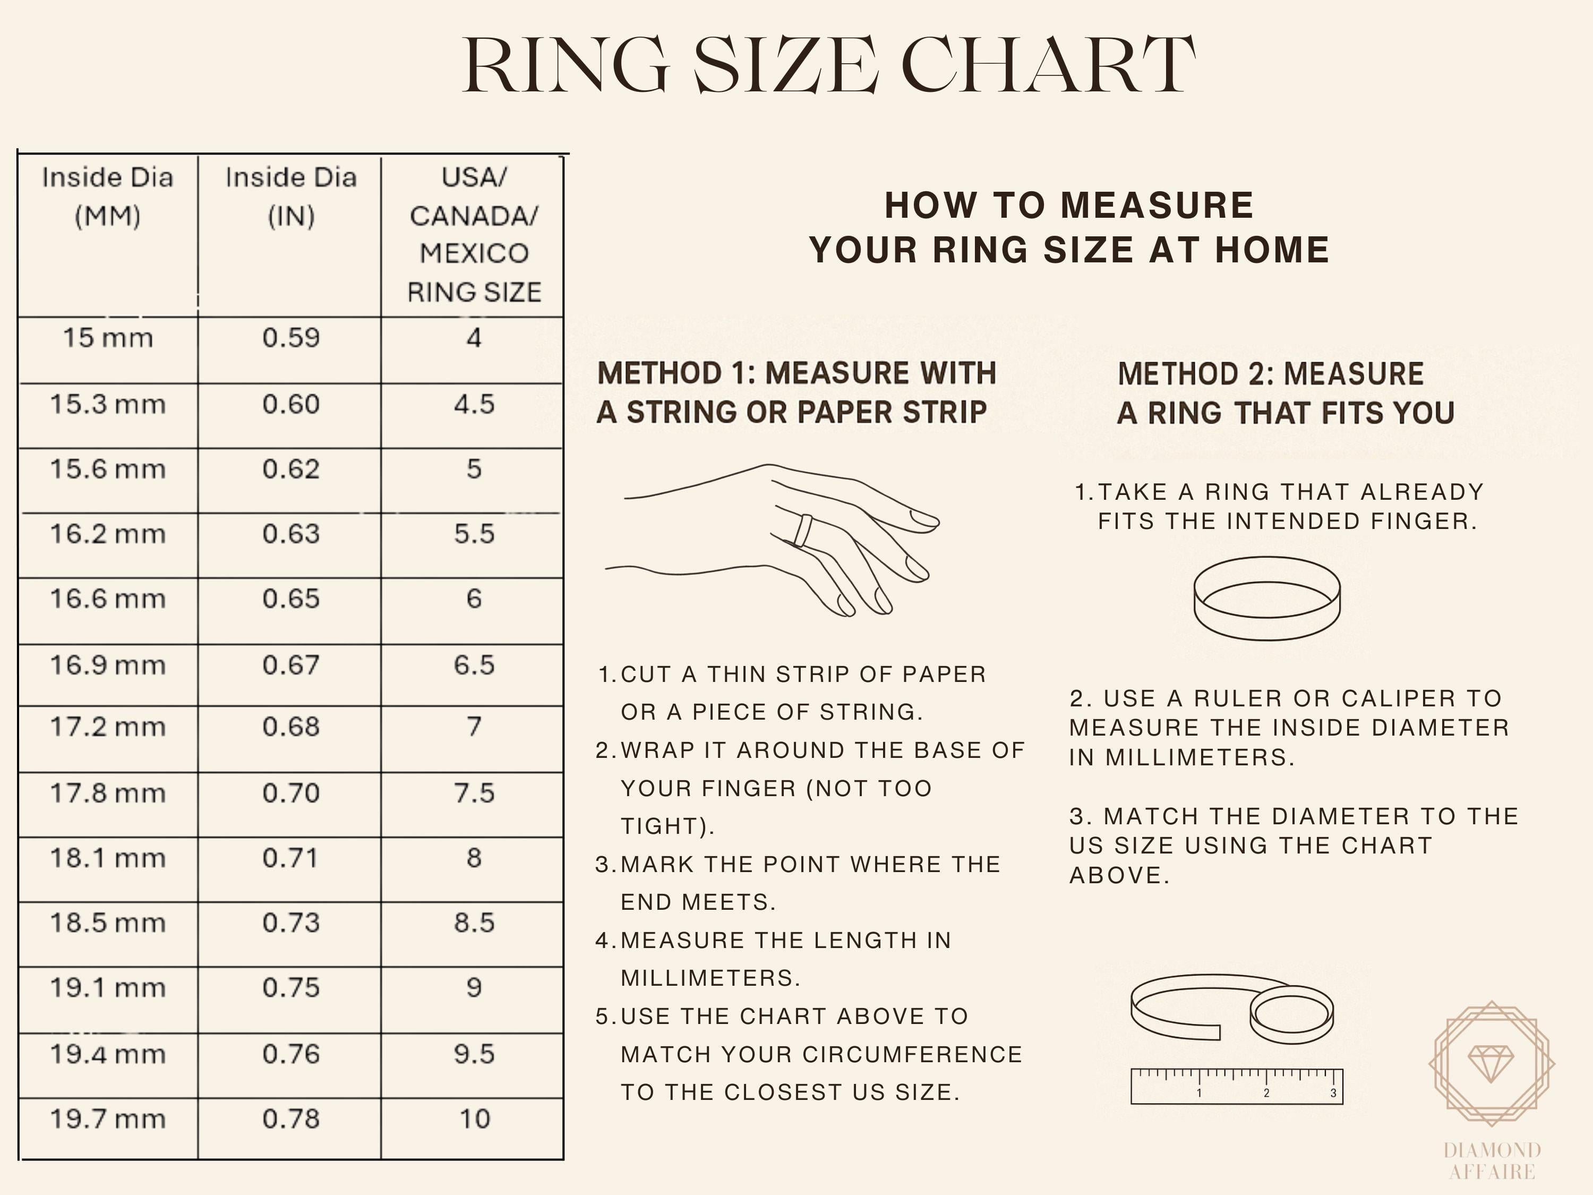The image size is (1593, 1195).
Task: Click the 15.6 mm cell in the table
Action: (x=107, y=470)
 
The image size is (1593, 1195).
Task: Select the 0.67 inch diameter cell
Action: (x=290, y=665)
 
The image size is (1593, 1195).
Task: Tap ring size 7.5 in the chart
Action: (x=474, y=793)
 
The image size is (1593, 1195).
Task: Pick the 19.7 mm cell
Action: (x=107, y=1119)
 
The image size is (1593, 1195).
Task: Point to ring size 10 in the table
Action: (x=474, y=1119)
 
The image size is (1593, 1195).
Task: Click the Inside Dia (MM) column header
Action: (x=107, y=197)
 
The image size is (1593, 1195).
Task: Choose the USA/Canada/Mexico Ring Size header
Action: (x=474, y=234)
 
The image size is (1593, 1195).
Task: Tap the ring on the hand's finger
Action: (x=803, y=531)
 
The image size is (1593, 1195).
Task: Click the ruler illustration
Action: (x=1237, y=1086)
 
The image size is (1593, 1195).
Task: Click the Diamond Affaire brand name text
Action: (x=1492, y=1160)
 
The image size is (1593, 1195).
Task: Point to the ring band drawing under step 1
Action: (x=1267, y=598)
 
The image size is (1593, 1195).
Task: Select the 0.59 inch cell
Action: (x=290, y=338)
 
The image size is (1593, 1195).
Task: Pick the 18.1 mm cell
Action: (x=107, y=858)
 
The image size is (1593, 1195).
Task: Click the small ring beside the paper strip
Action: (x=1291, y=1014)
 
